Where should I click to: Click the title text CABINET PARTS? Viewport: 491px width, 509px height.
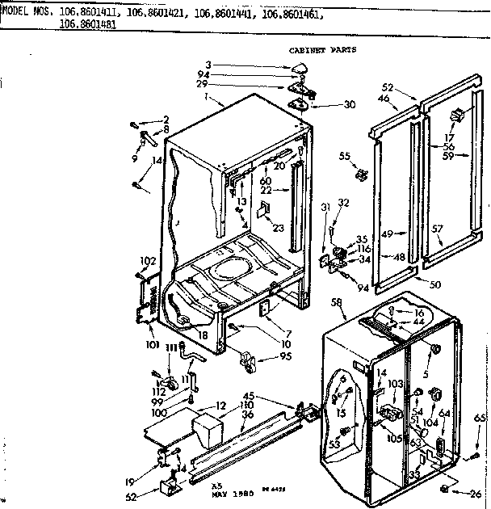321,49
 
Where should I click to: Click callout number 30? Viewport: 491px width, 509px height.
349,105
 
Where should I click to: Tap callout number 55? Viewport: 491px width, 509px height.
345,155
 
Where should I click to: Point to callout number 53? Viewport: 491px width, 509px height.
333,442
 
